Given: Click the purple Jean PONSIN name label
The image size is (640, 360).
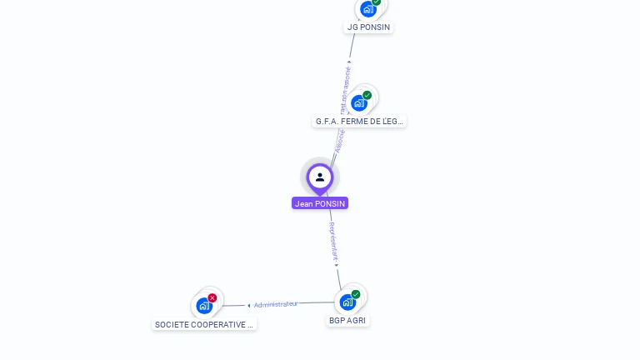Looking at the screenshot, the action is (x=320, y=203).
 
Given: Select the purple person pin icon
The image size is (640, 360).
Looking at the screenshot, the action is (x=320, y=177).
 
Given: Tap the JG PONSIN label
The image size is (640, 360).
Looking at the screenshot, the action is (x=368, y=27).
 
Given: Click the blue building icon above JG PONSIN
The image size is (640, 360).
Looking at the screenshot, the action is (x=367, y=9).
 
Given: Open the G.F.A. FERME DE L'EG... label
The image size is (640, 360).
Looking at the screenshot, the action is (x=359, y=121).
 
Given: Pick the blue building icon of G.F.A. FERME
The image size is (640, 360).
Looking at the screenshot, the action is (x=358, y=102).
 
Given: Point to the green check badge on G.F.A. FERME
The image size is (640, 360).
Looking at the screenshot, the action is (x=367, y=95).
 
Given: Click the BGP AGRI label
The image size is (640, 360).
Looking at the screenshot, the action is (x=347, y=320).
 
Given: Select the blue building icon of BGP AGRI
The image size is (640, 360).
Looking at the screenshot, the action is (x=347, y=302).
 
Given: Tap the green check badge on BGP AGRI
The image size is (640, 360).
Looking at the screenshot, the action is (x=356, y=294).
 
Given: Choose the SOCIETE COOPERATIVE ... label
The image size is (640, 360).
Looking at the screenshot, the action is (x=204, y=324).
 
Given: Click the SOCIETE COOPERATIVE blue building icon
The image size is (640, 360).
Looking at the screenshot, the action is (x=204, y=306).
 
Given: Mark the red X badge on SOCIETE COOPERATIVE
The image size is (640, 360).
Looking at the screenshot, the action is (x=212, y=297).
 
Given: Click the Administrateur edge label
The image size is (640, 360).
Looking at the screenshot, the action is (x=276, y=304).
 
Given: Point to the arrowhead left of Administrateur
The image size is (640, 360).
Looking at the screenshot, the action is (x=248, y=306).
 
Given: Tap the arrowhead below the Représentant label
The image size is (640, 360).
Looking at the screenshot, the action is (x=336, y=264).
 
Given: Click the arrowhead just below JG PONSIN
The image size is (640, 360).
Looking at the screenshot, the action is (x=349, y=62).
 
